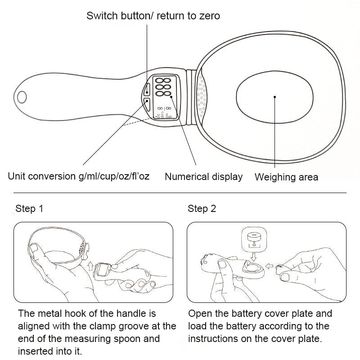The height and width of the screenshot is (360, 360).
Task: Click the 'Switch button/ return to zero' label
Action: (x=153, y=16)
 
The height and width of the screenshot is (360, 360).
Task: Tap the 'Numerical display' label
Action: (x=203, y=177)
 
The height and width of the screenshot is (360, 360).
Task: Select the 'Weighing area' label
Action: (x=286, y=177)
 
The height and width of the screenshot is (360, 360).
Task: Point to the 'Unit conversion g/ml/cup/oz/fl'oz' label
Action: (x=78, y=176)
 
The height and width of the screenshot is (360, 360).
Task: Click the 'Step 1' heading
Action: (x=29, y=209)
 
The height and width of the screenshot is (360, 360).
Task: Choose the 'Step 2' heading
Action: (x=202, y=209)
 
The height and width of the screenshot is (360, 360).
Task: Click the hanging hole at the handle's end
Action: (x=22, y=97)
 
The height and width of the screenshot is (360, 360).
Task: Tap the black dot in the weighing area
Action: (x=274, y=96)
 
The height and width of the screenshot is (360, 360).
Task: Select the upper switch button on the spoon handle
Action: (x=147, y=89)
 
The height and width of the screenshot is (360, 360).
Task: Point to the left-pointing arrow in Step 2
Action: (x=268, y=266)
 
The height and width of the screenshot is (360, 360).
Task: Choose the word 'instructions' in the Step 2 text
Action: (x=211, y=338)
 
